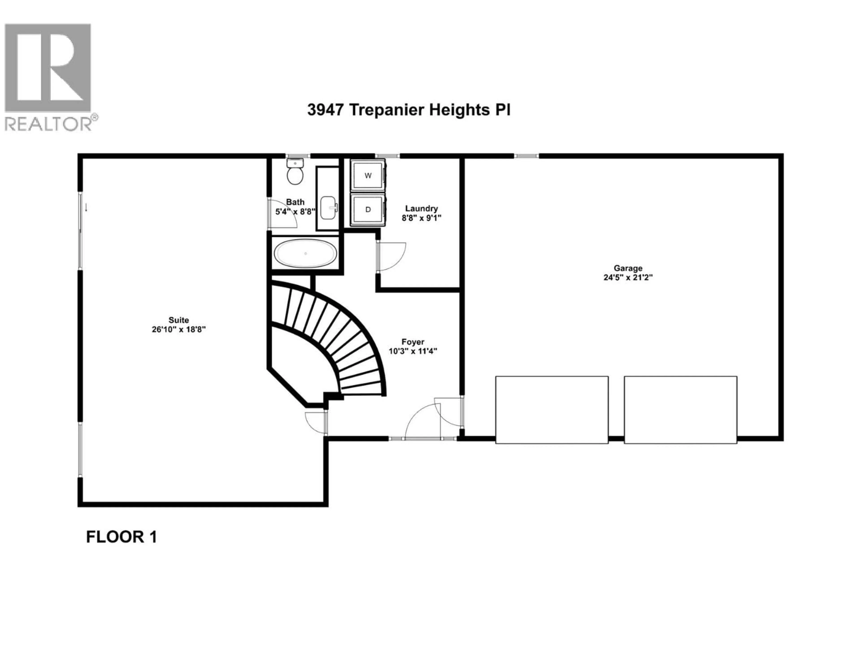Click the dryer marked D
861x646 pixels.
[368, 210]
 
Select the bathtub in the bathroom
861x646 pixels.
[306, 253]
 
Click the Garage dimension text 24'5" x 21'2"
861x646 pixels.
[628, 278]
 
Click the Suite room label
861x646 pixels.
[179, 320]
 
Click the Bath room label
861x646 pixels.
[295, 202]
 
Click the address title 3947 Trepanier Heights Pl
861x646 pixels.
[409, 110]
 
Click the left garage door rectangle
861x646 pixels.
[552, 410]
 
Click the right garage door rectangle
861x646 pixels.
[681, 410]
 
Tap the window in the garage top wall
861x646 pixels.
[526, 156]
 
